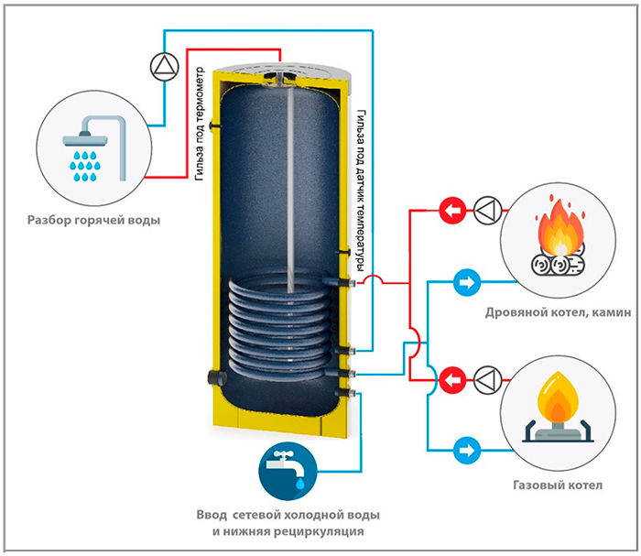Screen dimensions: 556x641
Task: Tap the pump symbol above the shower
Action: [x=162, y=65]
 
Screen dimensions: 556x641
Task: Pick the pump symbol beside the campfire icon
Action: [x=486, y=212]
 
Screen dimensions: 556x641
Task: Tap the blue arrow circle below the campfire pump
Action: [x=466, y=280]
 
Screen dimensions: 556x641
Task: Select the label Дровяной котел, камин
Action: [x=560, y=312]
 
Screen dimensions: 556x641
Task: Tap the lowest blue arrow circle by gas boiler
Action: [x=466, y=450]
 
